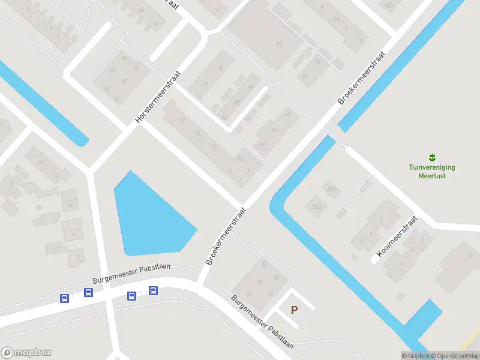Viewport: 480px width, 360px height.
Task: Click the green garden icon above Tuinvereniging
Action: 432,157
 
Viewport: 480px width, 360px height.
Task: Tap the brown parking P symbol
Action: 294,310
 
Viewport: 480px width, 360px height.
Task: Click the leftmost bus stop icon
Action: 64,298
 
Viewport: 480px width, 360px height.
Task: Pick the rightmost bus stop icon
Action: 153,291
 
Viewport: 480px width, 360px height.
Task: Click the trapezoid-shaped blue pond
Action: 150,216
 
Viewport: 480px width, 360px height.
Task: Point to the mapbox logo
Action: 26,353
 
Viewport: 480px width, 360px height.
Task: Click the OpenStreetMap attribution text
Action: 454,356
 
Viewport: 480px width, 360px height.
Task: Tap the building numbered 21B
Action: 316,207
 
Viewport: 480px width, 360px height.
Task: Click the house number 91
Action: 305,76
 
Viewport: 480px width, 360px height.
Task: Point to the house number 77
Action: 262,145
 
